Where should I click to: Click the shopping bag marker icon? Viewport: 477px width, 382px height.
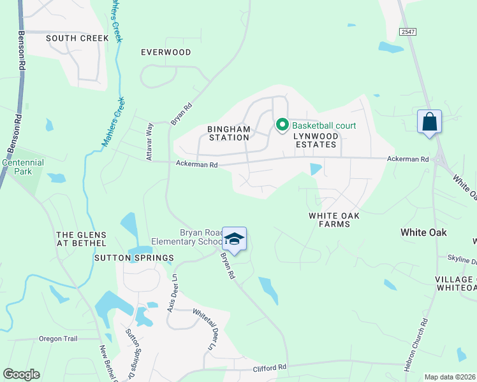[430, 122]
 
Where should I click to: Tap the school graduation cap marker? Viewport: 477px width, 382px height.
[234, 239]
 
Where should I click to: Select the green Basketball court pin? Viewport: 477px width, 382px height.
[281, 125]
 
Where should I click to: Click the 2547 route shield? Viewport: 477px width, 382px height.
[407, 31]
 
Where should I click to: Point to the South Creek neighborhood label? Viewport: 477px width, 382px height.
[77, 38]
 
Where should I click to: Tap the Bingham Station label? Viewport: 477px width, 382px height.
[228, 133]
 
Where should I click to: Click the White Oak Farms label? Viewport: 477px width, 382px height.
[334, 220]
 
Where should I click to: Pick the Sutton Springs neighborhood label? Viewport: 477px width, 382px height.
[134, 258]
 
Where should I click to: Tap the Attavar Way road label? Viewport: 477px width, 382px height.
[149, 141]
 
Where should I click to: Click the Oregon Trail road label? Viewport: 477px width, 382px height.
[58, 339]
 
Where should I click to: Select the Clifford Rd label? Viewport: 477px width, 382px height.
[270, 367]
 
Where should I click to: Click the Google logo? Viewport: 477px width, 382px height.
[21, 374]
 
